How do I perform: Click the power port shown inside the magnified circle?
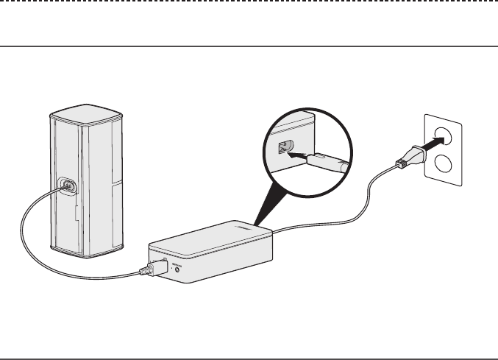point(282,148)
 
